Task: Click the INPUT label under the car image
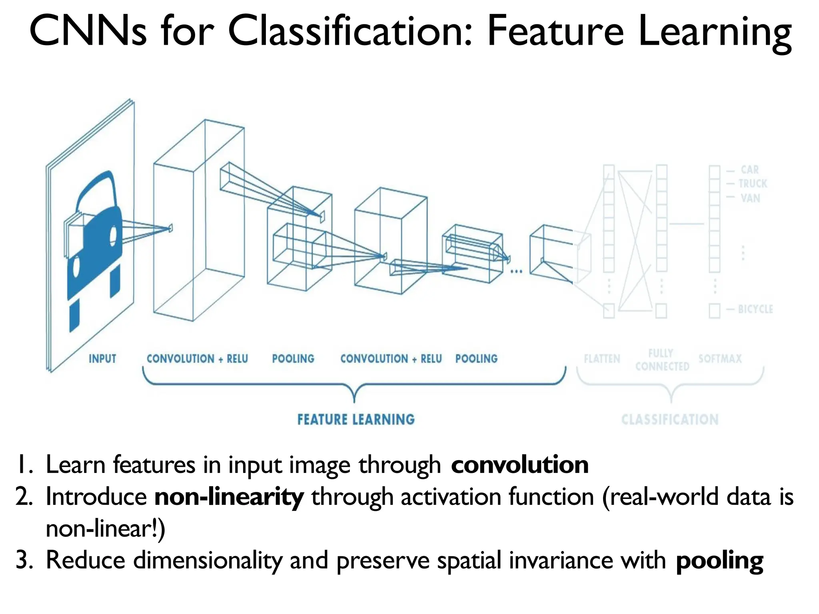tap(102, 359)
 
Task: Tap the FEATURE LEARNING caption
tap(356, 419)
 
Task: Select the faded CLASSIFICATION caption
tap(670, 419)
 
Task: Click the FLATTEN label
tap(602, 359)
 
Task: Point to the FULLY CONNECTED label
tap(662, 360)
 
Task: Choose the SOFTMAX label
tap(720, 359)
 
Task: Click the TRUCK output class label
tap(753, 183)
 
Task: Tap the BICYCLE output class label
tap(755, 309)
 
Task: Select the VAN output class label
tap(750, 198)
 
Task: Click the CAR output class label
tap(749, 169)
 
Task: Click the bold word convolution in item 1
tap(519, 465)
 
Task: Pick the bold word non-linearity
tap(229, 497)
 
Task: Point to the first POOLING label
tap(293, 359)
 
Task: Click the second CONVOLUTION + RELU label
tap(391, 359)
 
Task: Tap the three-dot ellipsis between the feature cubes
tap(516, 271)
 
